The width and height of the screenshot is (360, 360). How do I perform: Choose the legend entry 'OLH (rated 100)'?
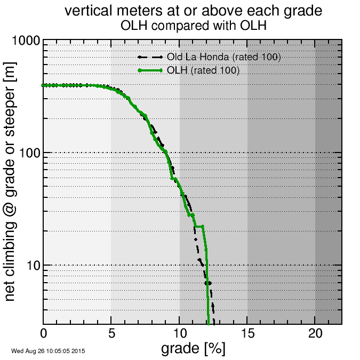tap(203, 70)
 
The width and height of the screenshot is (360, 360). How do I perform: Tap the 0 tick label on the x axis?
tap(44, 334)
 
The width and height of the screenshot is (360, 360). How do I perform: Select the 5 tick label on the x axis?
tap(111, 334)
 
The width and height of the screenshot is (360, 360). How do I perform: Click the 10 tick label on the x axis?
tap(180, 334)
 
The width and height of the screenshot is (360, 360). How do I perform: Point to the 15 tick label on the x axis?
tap(247, 334)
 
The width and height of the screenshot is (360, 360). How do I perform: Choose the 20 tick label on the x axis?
tap(315, 334)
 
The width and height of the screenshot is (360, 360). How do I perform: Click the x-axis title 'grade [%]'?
tap(193, 349)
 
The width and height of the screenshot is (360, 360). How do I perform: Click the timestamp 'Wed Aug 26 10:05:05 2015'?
tap(48, 351)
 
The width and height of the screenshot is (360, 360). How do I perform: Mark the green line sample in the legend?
tap(150, 70)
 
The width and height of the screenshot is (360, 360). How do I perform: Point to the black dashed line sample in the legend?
tap(150, 57)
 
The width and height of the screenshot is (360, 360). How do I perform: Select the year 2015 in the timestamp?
tap(79, 351)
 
